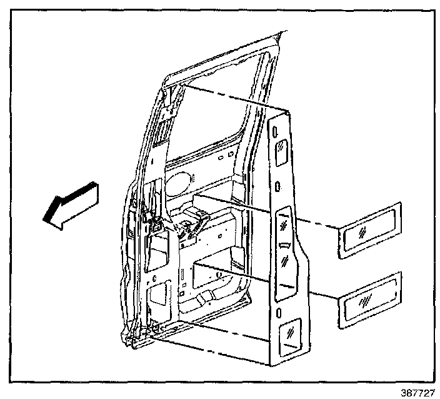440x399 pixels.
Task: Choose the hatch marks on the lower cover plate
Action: click(x=364, y=303)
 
